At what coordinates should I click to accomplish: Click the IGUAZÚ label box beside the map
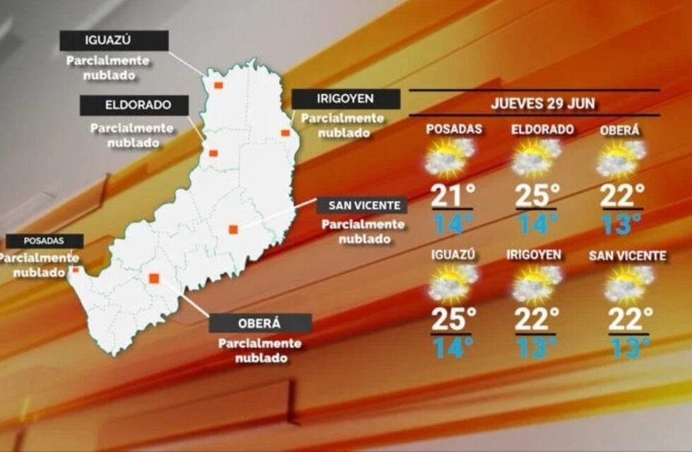pos(114,40)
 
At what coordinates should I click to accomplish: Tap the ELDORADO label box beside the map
pos(133,105)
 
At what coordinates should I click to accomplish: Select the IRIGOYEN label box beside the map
pos(345,99)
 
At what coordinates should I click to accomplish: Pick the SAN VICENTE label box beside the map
pos(362,206)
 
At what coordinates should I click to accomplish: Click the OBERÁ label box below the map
pos(261,323)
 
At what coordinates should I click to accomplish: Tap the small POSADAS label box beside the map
pos(44,241)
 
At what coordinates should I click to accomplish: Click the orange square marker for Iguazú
pos(218,85)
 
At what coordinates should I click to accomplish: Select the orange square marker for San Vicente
pos(233,229)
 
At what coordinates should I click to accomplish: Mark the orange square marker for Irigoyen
pos(285,133)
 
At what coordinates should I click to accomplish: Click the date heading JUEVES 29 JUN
pos(542,103)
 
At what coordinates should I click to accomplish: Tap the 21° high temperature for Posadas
pos(452,195)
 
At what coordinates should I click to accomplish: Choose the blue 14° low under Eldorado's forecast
pos(537,224)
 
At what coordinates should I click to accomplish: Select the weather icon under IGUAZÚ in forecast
pos(452,284)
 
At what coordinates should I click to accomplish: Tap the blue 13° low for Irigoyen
pos(537,347)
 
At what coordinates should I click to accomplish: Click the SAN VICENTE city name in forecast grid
pos(628,256)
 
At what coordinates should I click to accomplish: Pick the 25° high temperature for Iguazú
pos(452,319)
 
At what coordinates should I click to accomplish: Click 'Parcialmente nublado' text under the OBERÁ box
pos(260,351)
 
